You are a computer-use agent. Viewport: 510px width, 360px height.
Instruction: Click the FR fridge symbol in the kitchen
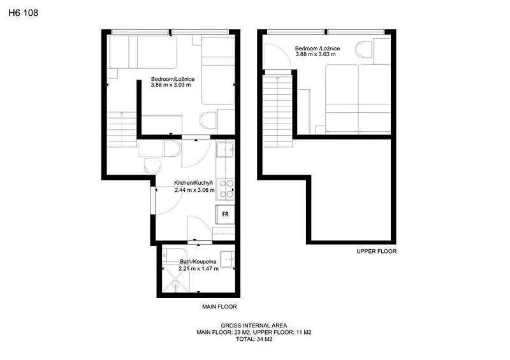tap(225, 214)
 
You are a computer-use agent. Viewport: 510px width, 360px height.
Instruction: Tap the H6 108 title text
tap(24, 13)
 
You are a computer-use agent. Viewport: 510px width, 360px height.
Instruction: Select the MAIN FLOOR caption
tap(219, 306)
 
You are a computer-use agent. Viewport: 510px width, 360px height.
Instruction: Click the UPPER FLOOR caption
tap(376, 252)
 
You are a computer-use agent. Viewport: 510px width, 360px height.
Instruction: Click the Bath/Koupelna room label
tap(198, 262)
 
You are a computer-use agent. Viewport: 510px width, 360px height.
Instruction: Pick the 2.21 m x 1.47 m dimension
tap(198, 269)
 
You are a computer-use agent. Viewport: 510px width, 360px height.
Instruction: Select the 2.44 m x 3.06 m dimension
tap(194, 190)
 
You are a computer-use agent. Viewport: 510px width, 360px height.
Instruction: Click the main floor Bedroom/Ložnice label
tap(173, 79)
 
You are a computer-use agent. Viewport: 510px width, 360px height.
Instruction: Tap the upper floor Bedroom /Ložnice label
tap(317, 48)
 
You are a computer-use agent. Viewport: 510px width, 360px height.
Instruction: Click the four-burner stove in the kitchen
tap(225, 189)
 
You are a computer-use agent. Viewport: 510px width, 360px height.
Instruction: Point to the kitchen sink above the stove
tap(225, 150)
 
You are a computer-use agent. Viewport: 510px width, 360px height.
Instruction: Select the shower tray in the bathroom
tap(175, 278)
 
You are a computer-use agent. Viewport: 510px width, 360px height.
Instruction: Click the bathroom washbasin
tap(228, 259)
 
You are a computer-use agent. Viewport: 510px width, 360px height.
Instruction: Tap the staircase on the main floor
tap(122, 129)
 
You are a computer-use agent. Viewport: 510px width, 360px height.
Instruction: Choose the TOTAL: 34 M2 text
tap(254, 339)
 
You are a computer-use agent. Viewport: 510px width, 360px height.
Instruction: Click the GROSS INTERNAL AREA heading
tap(254, 326)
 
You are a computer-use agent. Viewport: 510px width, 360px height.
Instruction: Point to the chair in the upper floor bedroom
tap(363, 50)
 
